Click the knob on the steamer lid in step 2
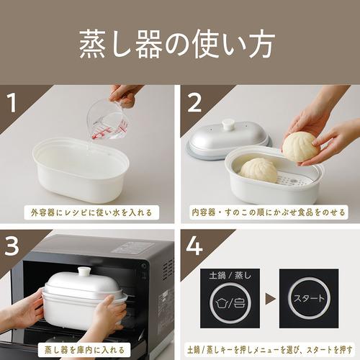coord(229,125)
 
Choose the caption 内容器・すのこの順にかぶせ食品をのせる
coord(268,214)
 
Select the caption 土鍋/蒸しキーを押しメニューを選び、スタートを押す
coord(268,347)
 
